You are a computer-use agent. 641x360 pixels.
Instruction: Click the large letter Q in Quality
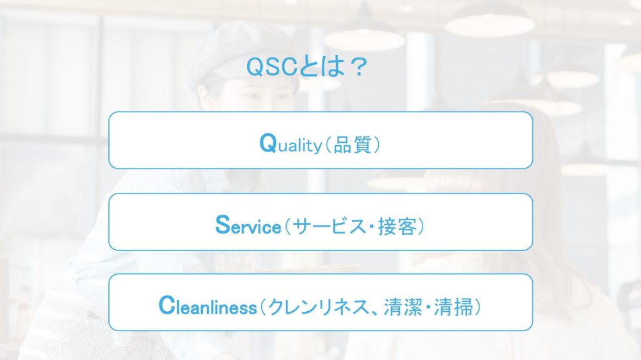268,143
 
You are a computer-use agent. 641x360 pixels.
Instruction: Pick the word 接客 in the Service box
396,226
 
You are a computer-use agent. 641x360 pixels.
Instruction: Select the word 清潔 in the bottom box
394,307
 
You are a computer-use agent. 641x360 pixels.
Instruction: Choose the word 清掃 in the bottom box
453,307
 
